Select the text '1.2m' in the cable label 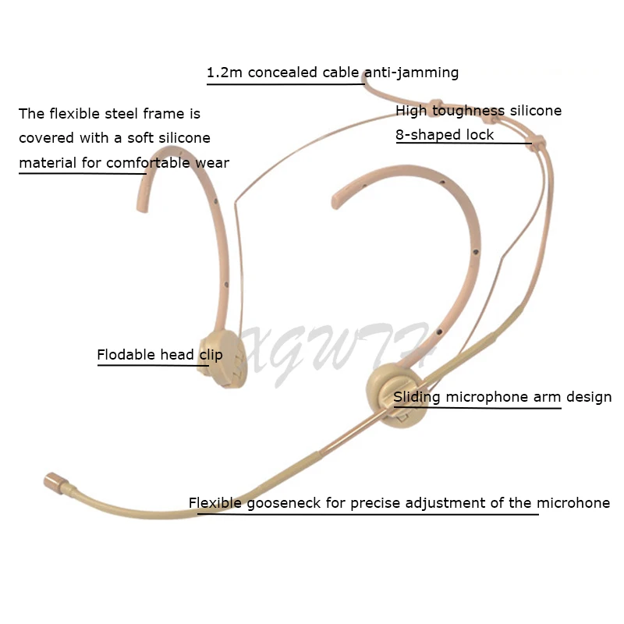(x=224, y=73)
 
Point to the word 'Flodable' (x=126, y=355)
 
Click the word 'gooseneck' (x=281, y=503)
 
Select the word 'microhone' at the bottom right (x=573, y=503)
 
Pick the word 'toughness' (x=469, y=110)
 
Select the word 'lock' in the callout (x=480, y=134)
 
